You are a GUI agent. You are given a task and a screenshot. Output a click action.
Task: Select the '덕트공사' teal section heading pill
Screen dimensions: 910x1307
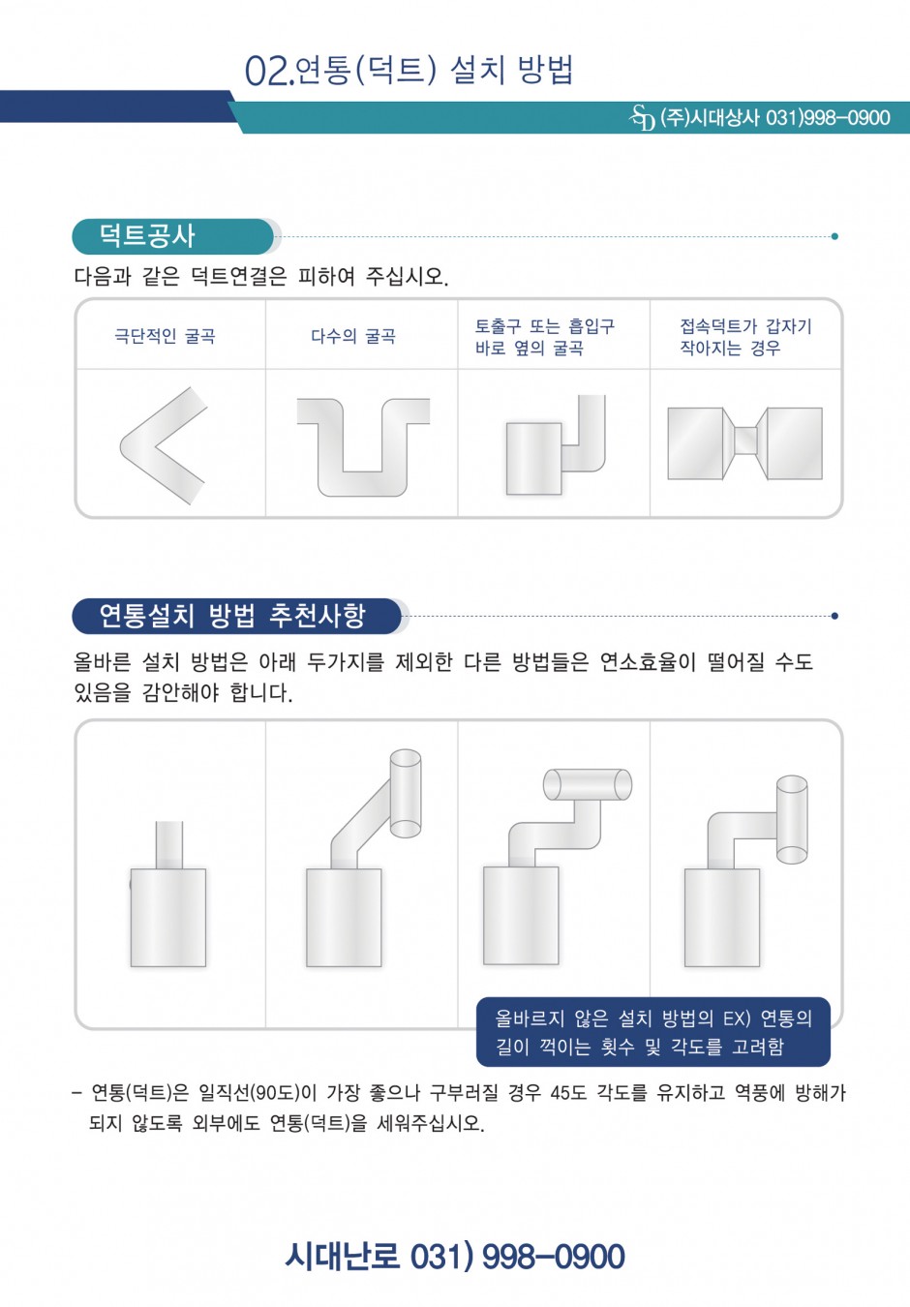(x=173, y=236)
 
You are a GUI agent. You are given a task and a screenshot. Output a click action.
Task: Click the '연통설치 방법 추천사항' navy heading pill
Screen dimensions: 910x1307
(x=237, y=616)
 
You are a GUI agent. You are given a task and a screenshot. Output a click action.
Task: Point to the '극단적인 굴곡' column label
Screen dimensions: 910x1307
(x=166, y=336)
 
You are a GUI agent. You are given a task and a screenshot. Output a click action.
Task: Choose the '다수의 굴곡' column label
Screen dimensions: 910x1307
(x=353, y=336)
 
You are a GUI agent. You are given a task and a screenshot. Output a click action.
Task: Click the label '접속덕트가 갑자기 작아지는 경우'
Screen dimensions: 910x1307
(x=745, y=337)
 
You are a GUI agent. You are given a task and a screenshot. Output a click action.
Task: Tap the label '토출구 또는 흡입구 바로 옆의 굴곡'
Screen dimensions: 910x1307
(x=545, y=337)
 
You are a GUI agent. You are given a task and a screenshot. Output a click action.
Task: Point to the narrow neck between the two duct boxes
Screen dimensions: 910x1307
(x=745, y=441)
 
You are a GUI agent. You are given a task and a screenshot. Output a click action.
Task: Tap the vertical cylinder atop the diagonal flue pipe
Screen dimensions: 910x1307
(x=405, y=793)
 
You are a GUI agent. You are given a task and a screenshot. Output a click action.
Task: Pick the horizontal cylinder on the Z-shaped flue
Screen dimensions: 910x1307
(x=588, y=784)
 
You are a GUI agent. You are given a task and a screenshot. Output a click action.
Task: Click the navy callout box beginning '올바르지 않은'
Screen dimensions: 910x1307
(x=653, y=1032)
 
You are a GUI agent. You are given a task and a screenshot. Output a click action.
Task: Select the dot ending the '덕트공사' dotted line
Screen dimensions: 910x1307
(x=834, y=236)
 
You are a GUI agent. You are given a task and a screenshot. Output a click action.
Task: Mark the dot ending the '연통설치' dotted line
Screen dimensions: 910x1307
(x=834, y=616)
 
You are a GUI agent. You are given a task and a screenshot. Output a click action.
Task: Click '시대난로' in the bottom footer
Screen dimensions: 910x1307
(x=343, y=1256)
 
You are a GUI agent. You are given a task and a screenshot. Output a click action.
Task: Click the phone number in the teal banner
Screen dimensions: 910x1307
(x=828, y=118)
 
